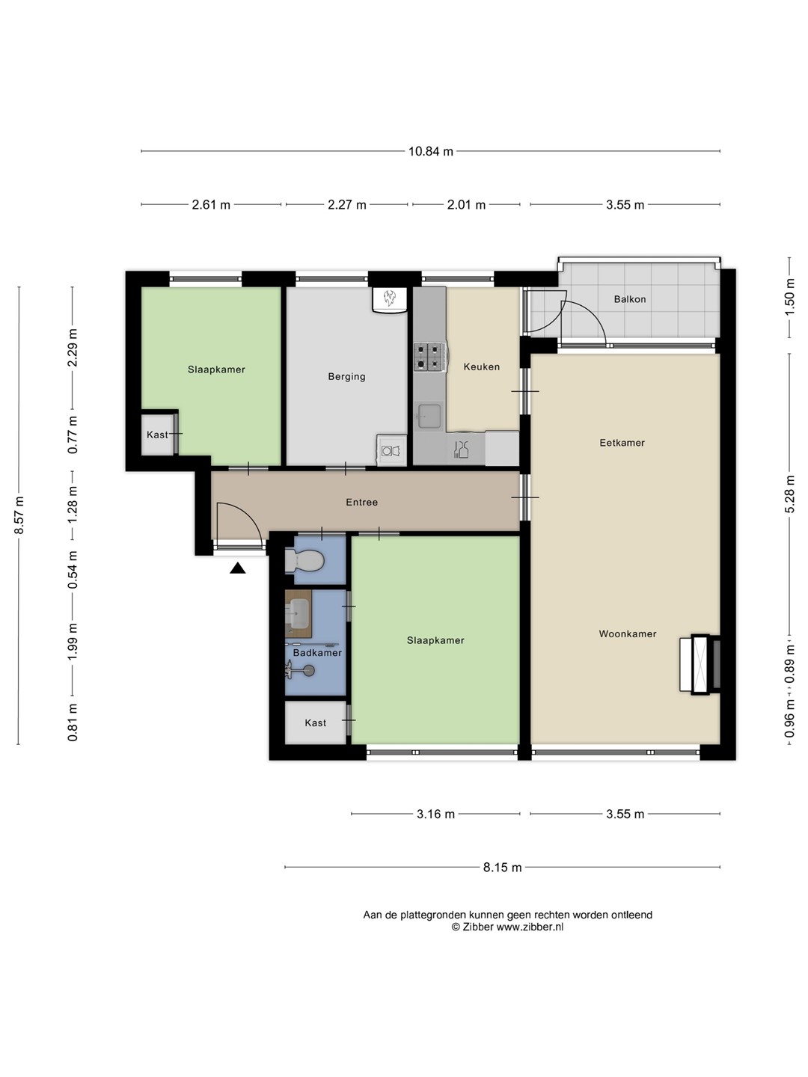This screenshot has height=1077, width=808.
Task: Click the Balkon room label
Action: tap(629, 299)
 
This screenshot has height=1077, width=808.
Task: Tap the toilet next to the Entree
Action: tap(304, 560)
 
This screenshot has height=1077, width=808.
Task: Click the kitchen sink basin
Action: tap(429, 416)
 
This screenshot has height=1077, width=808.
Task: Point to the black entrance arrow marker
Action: tap(237, 568)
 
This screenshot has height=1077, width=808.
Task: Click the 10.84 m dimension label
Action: tap(431, 151)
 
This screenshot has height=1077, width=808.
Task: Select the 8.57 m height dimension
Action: tap(19, 515)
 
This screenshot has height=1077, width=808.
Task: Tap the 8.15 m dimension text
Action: tap(502, 867)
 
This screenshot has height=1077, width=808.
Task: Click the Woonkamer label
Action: tap(628, 634)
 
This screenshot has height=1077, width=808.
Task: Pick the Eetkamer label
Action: tap(622, 443)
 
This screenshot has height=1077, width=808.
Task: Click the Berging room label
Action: tap(347, 377)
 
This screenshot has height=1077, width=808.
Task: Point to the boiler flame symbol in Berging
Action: tap(390, 298)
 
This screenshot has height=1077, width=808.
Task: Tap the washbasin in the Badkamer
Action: tap(299, 613)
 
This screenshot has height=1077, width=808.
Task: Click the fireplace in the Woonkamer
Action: tap(700, 664)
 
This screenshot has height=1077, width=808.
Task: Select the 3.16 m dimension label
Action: tap(435, 814)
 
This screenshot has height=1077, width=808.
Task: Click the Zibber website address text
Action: tap(530, 927)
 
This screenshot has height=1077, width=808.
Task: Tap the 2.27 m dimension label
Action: tap(347, 205)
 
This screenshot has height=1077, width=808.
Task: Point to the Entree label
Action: tap(361, 503)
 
